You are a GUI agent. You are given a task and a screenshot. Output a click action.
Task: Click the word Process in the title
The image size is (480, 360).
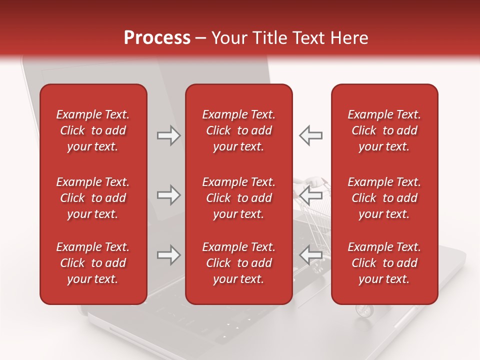(x=157, y=38)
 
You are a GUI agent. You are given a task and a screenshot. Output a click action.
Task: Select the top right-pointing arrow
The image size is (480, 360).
(x=168, y=135)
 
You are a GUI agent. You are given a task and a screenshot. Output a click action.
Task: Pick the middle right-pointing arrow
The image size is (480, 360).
(x=168, y=195)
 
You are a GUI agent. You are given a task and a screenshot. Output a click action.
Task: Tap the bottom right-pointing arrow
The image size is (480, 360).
(x=168, y=255)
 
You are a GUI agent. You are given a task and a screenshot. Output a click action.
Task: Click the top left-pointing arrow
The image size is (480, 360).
(x=311, y=135)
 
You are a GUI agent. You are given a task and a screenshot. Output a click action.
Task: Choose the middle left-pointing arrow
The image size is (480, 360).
(x=311, y=195)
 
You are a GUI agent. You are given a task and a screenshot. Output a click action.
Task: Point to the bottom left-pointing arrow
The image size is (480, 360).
(x=311, y=255)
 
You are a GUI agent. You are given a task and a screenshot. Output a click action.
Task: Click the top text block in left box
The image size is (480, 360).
(x=93, y=130)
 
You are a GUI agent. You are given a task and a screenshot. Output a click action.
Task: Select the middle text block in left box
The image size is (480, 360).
(x=93, y=198)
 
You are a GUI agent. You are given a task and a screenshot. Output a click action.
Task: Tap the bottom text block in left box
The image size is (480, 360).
(x=93, y=263)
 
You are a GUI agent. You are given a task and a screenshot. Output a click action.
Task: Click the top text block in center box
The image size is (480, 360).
(x=238, y=130)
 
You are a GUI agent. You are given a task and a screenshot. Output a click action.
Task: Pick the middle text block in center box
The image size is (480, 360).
(x=238, y=198)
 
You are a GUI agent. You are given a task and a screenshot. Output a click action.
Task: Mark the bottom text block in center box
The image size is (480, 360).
(x=238, y=263)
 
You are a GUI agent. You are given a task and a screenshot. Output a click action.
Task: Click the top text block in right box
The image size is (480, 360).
(x=384, y=130)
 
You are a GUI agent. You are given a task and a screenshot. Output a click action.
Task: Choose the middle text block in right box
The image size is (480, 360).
(x=384, y=198)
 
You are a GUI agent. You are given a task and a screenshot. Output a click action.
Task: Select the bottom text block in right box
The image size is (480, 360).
(x=384, y=263)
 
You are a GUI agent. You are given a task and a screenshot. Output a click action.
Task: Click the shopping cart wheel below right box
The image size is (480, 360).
(x=363, y=310)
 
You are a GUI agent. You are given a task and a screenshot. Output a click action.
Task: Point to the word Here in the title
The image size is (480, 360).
(x=349, y=38)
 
